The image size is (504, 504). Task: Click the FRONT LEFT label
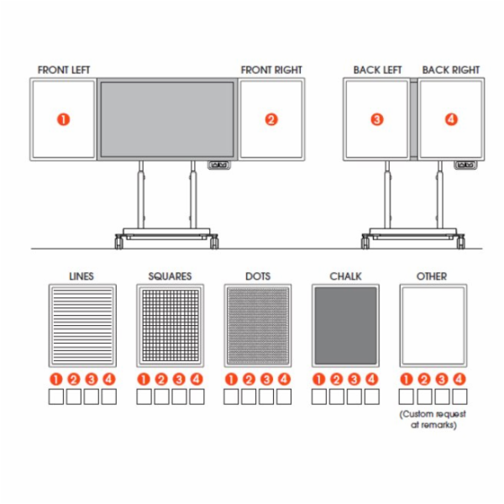[64, 70]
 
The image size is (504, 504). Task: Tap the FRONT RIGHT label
[271, 70]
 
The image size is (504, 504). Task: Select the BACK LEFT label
[378, 70]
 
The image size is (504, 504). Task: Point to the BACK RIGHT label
[451, 70]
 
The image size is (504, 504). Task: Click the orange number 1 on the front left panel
[63, 119]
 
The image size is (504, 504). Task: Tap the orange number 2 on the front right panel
[271, 119]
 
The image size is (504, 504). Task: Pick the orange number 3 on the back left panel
[377, 119]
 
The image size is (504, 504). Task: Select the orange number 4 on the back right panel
[451, 119]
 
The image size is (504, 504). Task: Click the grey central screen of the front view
[167, 119]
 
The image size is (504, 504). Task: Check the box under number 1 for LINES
[56, 396]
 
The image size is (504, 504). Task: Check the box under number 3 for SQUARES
[179, 396]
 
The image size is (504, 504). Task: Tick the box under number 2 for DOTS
[249, 396]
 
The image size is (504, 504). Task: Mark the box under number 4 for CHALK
[372, 396]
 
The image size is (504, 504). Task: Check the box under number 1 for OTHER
[407, 396]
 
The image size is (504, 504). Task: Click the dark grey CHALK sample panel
[345, 326]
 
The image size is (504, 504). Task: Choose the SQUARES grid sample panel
[170, 326]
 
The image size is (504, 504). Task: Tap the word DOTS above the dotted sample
[258, 276]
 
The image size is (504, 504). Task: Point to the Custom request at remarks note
[433, 419]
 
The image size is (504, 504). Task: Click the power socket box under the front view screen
[219, 165]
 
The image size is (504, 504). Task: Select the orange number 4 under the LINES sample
[109, 380]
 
